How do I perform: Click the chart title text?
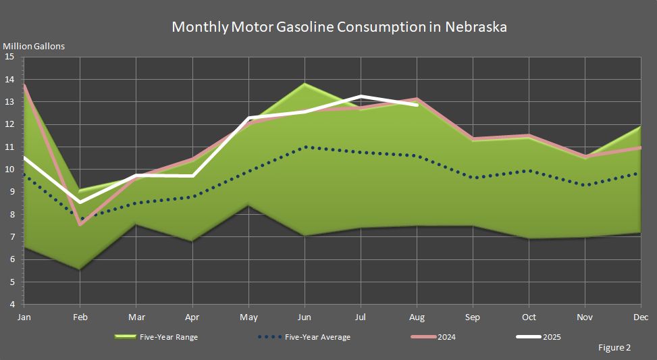(339, 27)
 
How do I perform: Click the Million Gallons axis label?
(34, 47)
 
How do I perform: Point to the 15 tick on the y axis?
(9, 57)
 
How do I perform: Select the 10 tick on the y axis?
(9, 170)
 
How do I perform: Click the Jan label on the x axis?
(24, 317)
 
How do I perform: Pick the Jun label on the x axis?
(305, 317)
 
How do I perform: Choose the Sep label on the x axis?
(473, 317)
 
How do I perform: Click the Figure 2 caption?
(614, 348)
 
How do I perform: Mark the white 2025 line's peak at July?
(361, 97)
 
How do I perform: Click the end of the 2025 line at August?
(417, 105)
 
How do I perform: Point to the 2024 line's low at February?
(80, 224)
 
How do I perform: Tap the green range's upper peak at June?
(305, 84)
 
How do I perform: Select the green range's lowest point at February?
(80, 269)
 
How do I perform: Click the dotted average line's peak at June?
(305, 147)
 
